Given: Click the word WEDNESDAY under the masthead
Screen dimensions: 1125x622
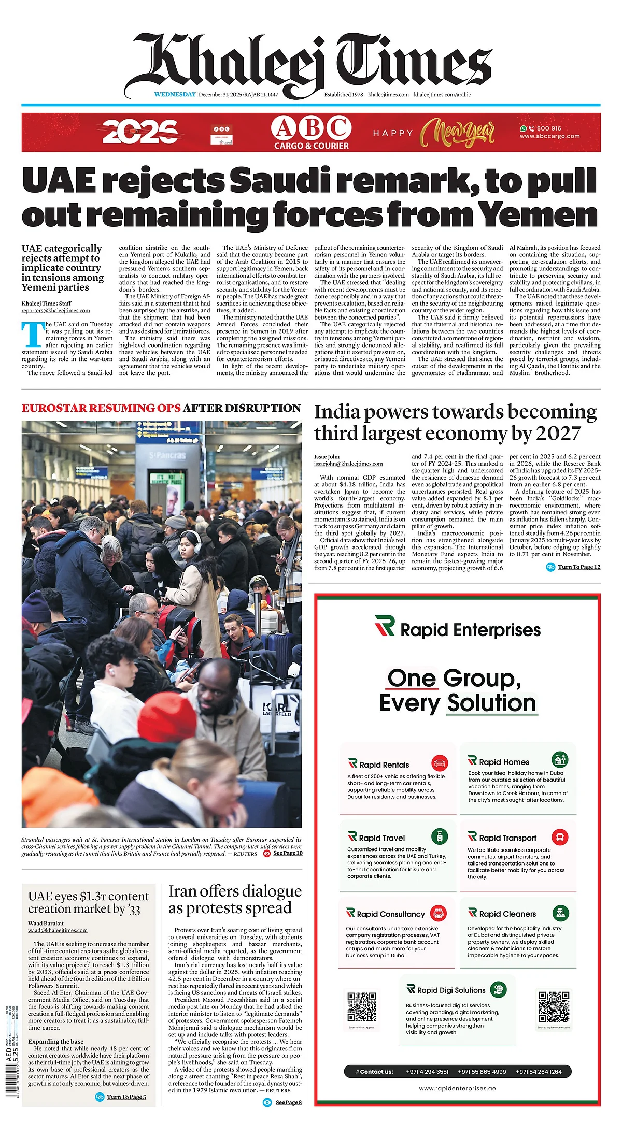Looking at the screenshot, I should (x=175, y=94).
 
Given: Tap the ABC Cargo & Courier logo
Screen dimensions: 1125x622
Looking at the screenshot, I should (x=311, y=133).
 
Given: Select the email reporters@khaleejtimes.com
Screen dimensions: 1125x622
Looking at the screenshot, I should (x=55, y=311).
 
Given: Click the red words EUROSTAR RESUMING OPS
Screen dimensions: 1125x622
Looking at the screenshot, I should (x=101, y=408).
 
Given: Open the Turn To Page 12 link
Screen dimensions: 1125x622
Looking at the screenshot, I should (x=578, y=567).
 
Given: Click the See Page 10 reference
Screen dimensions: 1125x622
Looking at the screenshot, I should (x=288, y=853).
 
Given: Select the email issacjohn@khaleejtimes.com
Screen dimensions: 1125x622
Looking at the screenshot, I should (x=348, y=464).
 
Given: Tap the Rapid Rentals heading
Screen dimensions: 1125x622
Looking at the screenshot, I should (x=384, y=765).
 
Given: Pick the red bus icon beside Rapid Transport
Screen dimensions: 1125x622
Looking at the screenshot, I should (x=560, y=837).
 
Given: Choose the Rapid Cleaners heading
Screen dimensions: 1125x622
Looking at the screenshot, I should (x=507, y=914).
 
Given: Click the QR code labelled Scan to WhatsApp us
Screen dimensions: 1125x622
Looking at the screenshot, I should (x=361, y=1006).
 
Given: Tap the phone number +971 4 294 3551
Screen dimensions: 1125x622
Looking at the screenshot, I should (x=427, y=1072).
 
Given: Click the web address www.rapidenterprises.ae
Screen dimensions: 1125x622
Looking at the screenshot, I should (x=457, y=1088).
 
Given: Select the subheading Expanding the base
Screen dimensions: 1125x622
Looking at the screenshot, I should (x=55, y=1041).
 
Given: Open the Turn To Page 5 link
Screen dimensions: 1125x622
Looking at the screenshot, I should (x=126, y=1097).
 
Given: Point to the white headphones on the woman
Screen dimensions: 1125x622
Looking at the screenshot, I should (x=192, y=541).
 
